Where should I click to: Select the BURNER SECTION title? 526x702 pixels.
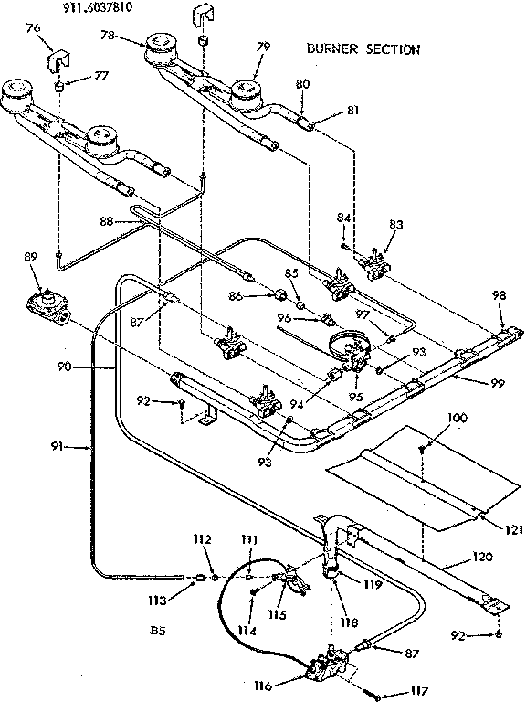[x=363, y=49]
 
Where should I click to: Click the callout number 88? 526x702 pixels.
[x=106, y=220]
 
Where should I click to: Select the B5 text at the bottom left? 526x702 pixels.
[x=155, y=629]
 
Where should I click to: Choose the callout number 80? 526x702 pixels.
[x=302, y=83]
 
